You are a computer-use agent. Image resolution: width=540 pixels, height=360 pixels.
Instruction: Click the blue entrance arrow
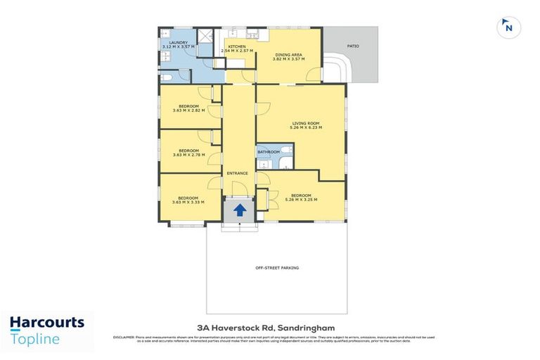point(240,210)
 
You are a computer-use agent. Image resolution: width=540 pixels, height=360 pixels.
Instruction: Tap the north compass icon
point(508,27)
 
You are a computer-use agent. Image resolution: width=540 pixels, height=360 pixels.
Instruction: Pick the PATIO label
point(353,46)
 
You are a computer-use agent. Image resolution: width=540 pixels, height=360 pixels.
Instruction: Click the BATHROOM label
point(269,152)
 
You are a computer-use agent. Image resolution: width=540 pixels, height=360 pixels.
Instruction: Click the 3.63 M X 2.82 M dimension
point(188,110)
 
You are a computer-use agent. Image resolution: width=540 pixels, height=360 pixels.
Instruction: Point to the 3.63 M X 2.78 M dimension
point(188,154)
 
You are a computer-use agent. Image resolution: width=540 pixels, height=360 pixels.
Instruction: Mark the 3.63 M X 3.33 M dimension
point(188,202)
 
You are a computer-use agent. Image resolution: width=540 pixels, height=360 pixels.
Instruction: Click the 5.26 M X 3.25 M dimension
point(302,200)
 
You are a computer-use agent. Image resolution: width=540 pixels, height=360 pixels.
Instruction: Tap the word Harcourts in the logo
point(46,323)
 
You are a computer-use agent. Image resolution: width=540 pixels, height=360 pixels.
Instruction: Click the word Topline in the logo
point(35,339)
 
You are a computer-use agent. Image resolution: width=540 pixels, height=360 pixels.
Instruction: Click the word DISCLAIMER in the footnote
point(124,338)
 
